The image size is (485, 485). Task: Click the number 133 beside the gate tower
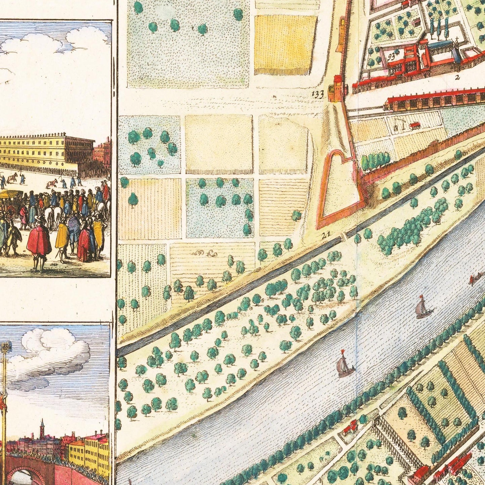(x=318, y=94)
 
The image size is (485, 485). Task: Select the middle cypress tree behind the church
(x=440, y=27)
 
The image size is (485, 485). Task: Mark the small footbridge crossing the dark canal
(x=344, y=236)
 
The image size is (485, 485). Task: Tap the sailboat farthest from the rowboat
(x=344, y=364)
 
